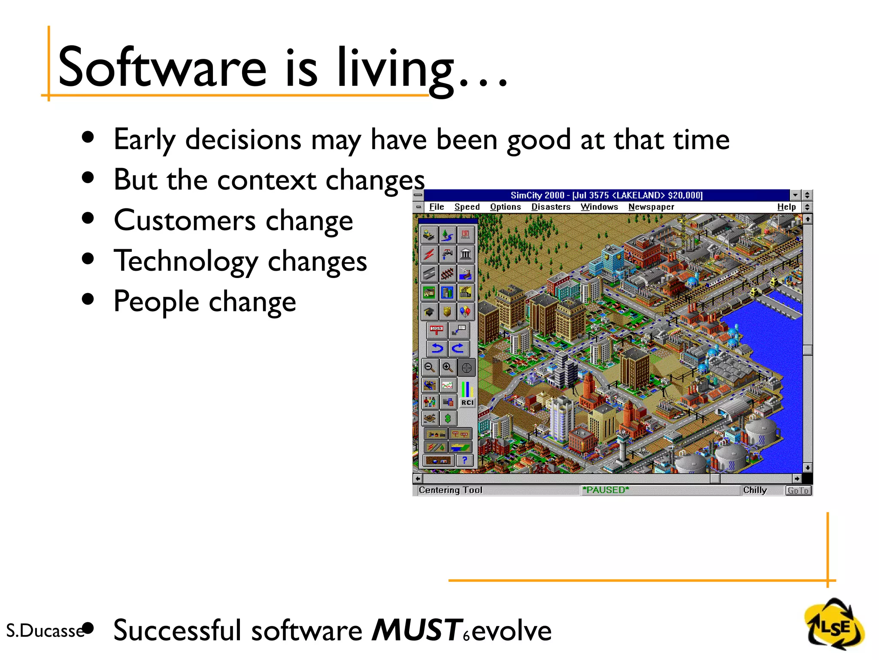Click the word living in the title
tap(395, 69)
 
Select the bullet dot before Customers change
tap(88, 218)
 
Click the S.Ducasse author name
tap(45, 631)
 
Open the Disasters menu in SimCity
tap(551, 207)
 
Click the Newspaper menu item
tap(651, 207)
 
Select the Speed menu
tap(467, 207)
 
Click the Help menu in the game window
tap(786, 207)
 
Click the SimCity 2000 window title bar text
tap(606, 195)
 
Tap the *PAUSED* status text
tap(606, 490)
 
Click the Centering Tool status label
tap(450, 490)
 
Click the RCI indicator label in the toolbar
tap(467, 403)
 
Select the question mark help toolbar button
tap(464, 460)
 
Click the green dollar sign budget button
tap(448, 418)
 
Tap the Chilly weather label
tap(755, 490)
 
